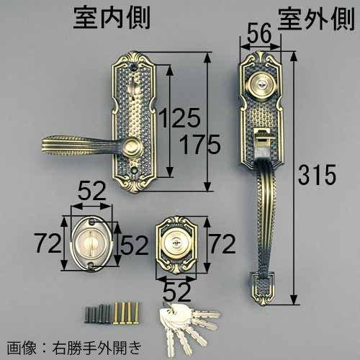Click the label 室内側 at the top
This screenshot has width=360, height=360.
[111, 18]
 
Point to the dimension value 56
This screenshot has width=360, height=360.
[261, 33]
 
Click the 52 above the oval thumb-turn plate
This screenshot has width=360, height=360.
[91, 192]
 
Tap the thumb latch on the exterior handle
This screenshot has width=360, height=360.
[261, 137]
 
